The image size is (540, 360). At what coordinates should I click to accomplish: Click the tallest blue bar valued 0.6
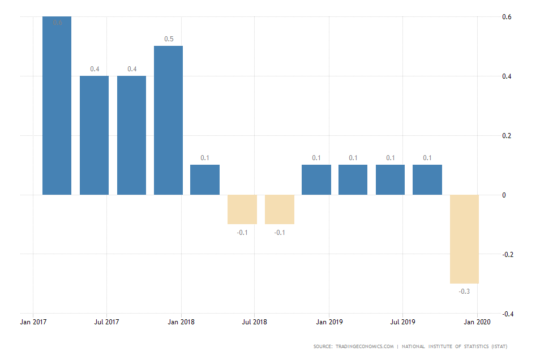(57, 106)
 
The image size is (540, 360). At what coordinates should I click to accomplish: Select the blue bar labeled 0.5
(169, 121)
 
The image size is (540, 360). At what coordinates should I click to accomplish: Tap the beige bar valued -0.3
(464, 239)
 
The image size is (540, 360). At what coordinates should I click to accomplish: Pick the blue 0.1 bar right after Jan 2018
(205, 180)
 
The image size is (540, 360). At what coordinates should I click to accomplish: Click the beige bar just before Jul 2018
(242, 209)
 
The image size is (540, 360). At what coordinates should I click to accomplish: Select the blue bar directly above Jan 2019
(316, 180)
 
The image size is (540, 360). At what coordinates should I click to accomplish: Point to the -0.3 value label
(464, 292)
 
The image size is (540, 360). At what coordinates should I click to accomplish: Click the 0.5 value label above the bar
(169, 39)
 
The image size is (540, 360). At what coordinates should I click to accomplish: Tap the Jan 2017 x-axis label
(33, 322)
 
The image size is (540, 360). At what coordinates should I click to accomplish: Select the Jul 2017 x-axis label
(107, 322)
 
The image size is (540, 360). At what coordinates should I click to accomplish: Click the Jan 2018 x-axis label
(181, 322)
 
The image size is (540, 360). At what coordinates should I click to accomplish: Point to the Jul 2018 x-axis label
(255, 322)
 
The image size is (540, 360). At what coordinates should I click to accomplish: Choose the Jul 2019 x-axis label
(402, 322)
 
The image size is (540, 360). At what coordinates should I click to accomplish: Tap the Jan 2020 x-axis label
(477, 322)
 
